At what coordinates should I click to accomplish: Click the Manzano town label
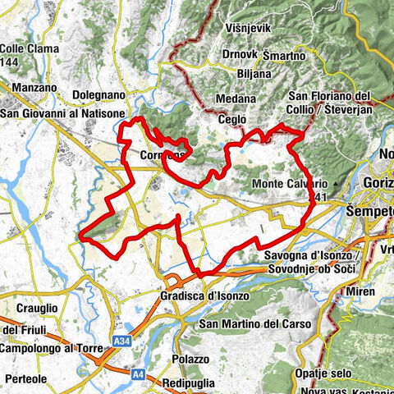[34, 86]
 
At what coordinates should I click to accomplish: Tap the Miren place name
[359, 292]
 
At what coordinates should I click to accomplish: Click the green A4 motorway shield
[135, 370]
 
